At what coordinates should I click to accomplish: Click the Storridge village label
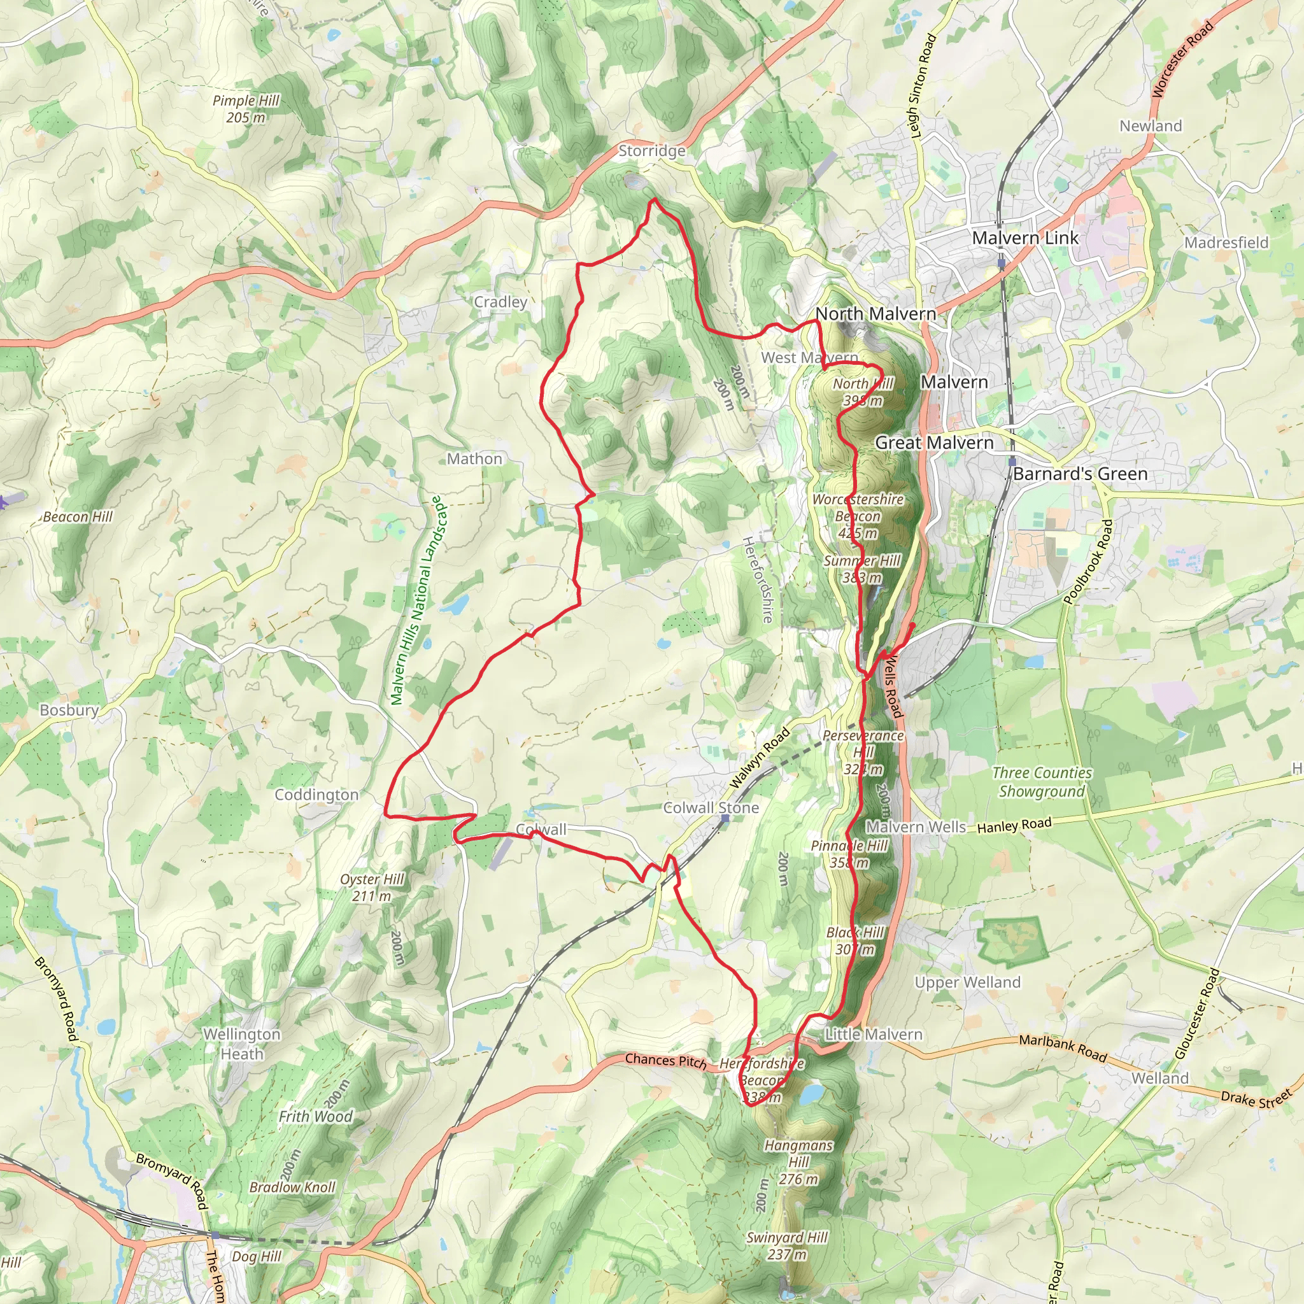click(651, 150)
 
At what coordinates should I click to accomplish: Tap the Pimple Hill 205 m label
click(246, 109)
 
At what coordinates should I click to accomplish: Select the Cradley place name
click(500, 302)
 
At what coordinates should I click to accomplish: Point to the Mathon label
click(474, 458)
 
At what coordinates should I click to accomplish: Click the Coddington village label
click(316, 795)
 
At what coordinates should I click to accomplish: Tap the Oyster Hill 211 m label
click(372, 887)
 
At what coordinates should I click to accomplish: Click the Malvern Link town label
click(1024, 237)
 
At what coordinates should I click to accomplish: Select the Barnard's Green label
click(1080, 474)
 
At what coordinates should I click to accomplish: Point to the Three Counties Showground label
click(1042, 782)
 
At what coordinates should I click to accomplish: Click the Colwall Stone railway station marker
click(725, 819)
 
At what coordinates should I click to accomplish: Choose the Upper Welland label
click(967, 982)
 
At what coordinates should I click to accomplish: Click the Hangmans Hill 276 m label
click(798, 1161)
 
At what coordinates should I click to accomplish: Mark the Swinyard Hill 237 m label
click(787, 1245)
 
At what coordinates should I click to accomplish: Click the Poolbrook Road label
click(1088, 562)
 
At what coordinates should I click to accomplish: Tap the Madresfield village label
click(1226, 243)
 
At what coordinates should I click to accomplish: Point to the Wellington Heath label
click(241, 1044)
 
